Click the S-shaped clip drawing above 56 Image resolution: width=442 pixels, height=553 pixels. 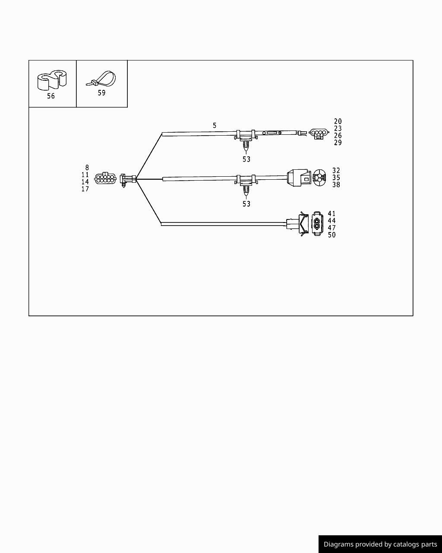tap(52, 80)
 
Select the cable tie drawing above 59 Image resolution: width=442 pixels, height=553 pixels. tap(101, 79)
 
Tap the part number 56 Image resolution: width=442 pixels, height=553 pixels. tap(51, 96)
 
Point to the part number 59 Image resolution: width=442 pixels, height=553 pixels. tap(102, 93)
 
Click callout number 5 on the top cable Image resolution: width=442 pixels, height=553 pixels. tap(215, 125)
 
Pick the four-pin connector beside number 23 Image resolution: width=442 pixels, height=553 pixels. tap(319, 133)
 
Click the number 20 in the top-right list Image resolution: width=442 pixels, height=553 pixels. tap(338, 121)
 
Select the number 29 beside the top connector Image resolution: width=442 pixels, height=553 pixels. tap(338, 143)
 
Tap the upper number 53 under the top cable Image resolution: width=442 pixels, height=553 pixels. tap(246, 159)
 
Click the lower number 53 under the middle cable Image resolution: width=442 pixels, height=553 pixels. tap(246, 204)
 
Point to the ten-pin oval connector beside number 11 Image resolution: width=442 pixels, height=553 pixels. tap(105, 178)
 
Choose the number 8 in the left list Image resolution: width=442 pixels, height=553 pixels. tap(87, 168)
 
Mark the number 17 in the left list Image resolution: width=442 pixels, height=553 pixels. tap(85, 189)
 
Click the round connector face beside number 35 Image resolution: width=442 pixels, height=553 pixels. tap(319, 177)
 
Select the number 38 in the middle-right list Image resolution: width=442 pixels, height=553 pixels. tap(336, 185)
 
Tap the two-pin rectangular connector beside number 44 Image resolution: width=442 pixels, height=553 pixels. tap(318, 223)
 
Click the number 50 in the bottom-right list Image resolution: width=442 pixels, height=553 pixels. tap(331, 235)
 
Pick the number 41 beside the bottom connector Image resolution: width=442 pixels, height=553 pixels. tap(331, 213)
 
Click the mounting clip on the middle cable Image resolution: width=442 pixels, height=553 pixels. tap(246, 184)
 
